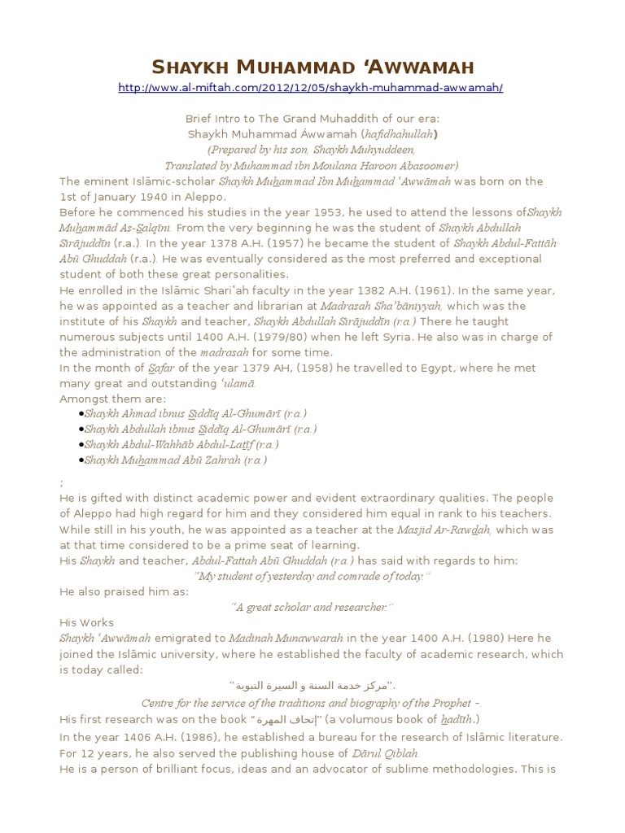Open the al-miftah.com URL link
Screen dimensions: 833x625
pyautogui.click(x=311, y=87)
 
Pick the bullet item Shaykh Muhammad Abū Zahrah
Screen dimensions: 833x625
pyautogui.click(x=175, y=460)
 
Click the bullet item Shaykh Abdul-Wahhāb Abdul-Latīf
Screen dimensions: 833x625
pyautogui.click(x=181, y=445)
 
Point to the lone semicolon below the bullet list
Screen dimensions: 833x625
pyautogui.click(x=62, y=482)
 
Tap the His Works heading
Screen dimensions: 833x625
pyautogui.click(x=86, y=622)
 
